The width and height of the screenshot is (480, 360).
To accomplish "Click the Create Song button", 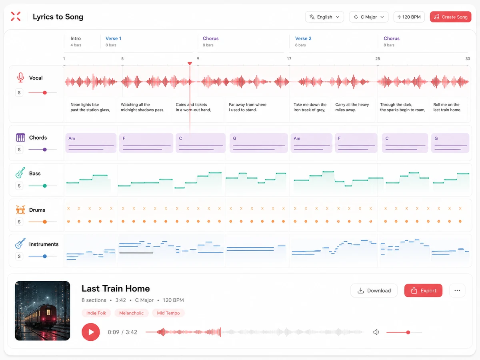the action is (450, 17).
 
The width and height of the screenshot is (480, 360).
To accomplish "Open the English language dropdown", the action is (324, 17).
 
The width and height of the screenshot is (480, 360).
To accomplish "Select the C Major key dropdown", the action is (369, 17).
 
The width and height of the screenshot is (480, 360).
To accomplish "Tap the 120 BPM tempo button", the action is (409, 17).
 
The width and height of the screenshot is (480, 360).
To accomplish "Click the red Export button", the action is (423, 290).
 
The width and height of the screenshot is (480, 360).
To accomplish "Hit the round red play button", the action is (91, 332).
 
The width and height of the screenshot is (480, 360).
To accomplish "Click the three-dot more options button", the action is (457, 290).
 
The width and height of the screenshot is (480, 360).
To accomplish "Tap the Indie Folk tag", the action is (96, 313).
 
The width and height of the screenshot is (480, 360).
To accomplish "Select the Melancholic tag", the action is (132, 313).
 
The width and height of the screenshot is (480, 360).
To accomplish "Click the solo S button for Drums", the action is (19, 222).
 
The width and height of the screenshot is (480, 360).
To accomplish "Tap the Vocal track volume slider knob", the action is (45, 93).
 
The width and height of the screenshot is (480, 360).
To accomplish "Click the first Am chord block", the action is (91, 143).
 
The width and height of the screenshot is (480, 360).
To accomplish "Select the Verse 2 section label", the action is (303, 38).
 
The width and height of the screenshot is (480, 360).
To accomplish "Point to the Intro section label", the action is (76, 38).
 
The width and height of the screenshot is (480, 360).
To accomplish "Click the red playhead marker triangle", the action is (190, 63).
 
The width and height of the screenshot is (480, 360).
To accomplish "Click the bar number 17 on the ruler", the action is (289, 58).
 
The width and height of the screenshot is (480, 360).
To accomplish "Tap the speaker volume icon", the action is (376, 332).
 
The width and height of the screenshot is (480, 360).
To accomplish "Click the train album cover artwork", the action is (42, 311).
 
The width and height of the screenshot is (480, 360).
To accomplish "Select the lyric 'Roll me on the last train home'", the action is (447, 107).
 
